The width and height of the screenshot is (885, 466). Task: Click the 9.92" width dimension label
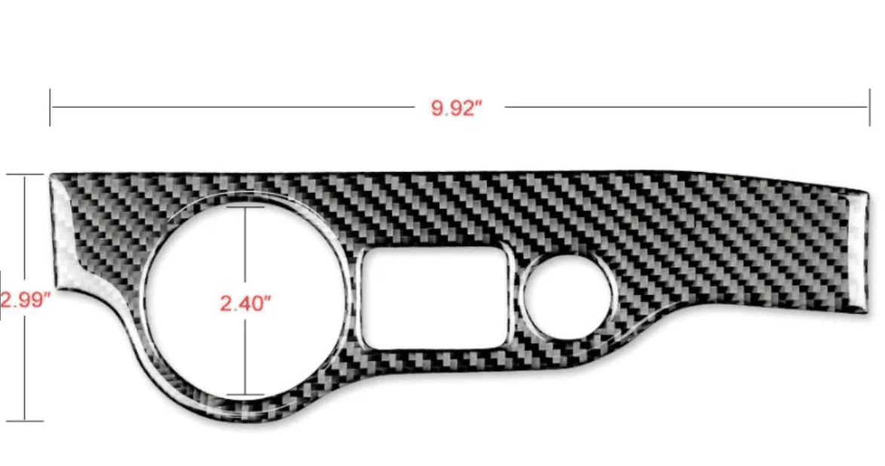(x=457, y=108)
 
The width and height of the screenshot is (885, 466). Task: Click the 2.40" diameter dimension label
(x=245, y=303)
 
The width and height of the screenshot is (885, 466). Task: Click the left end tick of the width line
(x=51, y=107)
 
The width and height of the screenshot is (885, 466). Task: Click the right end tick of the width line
(x=868, y=107)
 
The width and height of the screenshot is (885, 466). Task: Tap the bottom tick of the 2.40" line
(x=245, y=394)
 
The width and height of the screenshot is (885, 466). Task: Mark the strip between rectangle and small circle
(x=516, y=302)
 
